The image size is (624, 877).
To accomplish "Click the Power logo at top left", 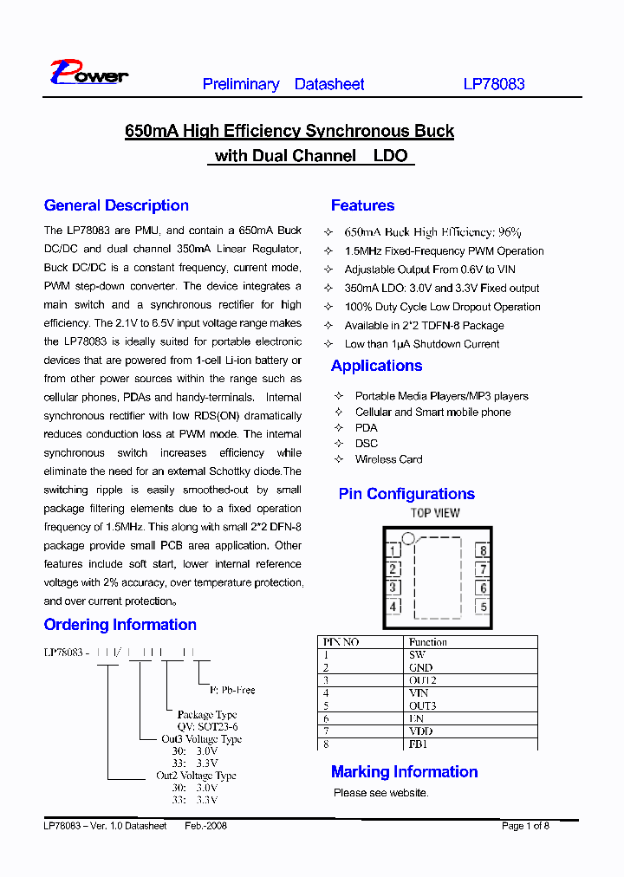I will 88,73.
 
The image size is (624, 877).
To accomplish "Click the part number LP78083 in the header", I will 493,84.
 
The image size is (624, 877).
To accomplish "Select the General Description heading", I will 116,205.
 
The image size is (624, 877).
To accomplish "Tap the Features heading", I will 362,205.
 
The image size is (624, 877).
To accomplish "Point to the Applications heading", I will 376,366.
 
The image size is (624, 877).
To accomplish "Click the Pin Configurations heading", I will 406,494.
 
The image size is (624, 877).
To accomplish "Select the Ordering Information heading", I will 120,625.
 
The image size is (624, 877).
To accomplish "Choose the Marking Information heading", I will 404,772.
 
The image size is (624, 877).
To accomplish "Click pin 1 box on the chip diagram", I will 393,550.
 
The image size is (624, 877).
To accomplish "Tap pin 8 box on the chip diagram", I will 483,550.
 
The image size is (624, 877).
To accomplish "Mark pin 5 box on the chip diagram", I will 483,607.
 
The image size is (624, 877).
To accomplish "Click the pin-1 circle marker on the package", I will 408,538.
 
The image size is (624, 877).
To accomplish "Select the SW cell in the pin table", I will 417,655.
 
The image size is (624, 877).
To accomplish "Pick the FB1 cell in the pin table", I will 418,744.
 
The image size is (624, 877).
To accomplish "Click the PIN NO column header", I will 341,642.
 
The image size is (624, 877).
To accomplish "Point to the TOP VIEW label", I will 435,513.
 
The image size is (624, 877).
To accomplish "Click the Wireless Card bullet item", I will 388,459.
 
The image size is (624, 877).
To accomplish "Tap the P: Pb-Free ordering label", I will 232,690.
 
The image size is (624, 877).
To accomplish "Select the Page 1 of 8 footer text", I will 525,826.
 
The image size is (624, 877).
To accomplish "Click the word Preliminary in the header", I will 241,84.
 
